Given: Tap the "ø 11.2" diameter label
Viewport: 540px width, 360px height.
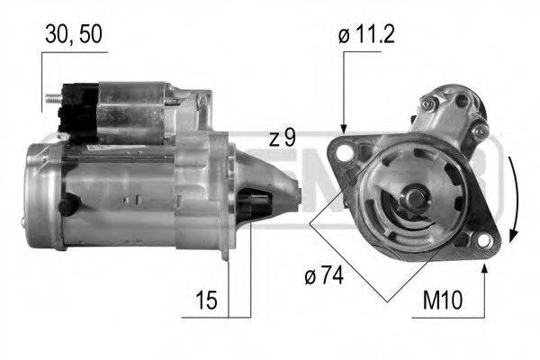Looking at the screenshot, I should coord(368,36).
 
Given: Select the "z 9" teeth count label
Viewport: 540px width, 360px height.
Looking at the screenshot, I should coord(282,139).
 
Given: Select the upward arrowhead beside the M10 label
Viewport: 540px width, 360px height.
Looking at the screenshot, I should coord(485,269).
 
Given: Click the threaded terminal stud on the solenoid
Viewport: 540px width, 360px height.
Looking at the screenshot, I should coord(53,96).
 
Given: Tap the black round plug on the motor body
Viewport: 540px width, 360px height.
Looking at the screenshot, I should coord(65,206).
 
